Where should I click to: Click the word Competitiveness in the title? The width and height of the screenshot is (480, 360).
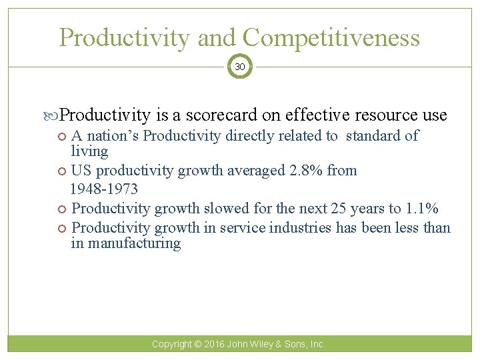click(332, 37)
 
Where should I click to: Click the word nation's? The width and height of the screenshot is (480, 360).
click(113, 136)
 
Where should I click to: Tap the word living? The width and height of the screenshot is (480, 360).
click(89, 151)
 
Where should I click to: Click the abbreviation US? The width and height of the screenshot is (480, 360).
click(81, 171)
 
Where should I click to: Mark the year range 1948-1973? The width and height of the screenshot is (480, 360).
click(104, 189)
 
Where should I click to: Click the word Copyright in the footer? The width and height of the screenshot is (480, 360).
click(171, 345)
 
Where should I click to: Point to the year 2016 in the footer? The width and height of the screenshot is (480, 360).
click(215, 345)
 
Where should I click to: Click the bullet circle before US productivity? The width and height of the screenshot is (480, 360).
click(63, 171)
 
